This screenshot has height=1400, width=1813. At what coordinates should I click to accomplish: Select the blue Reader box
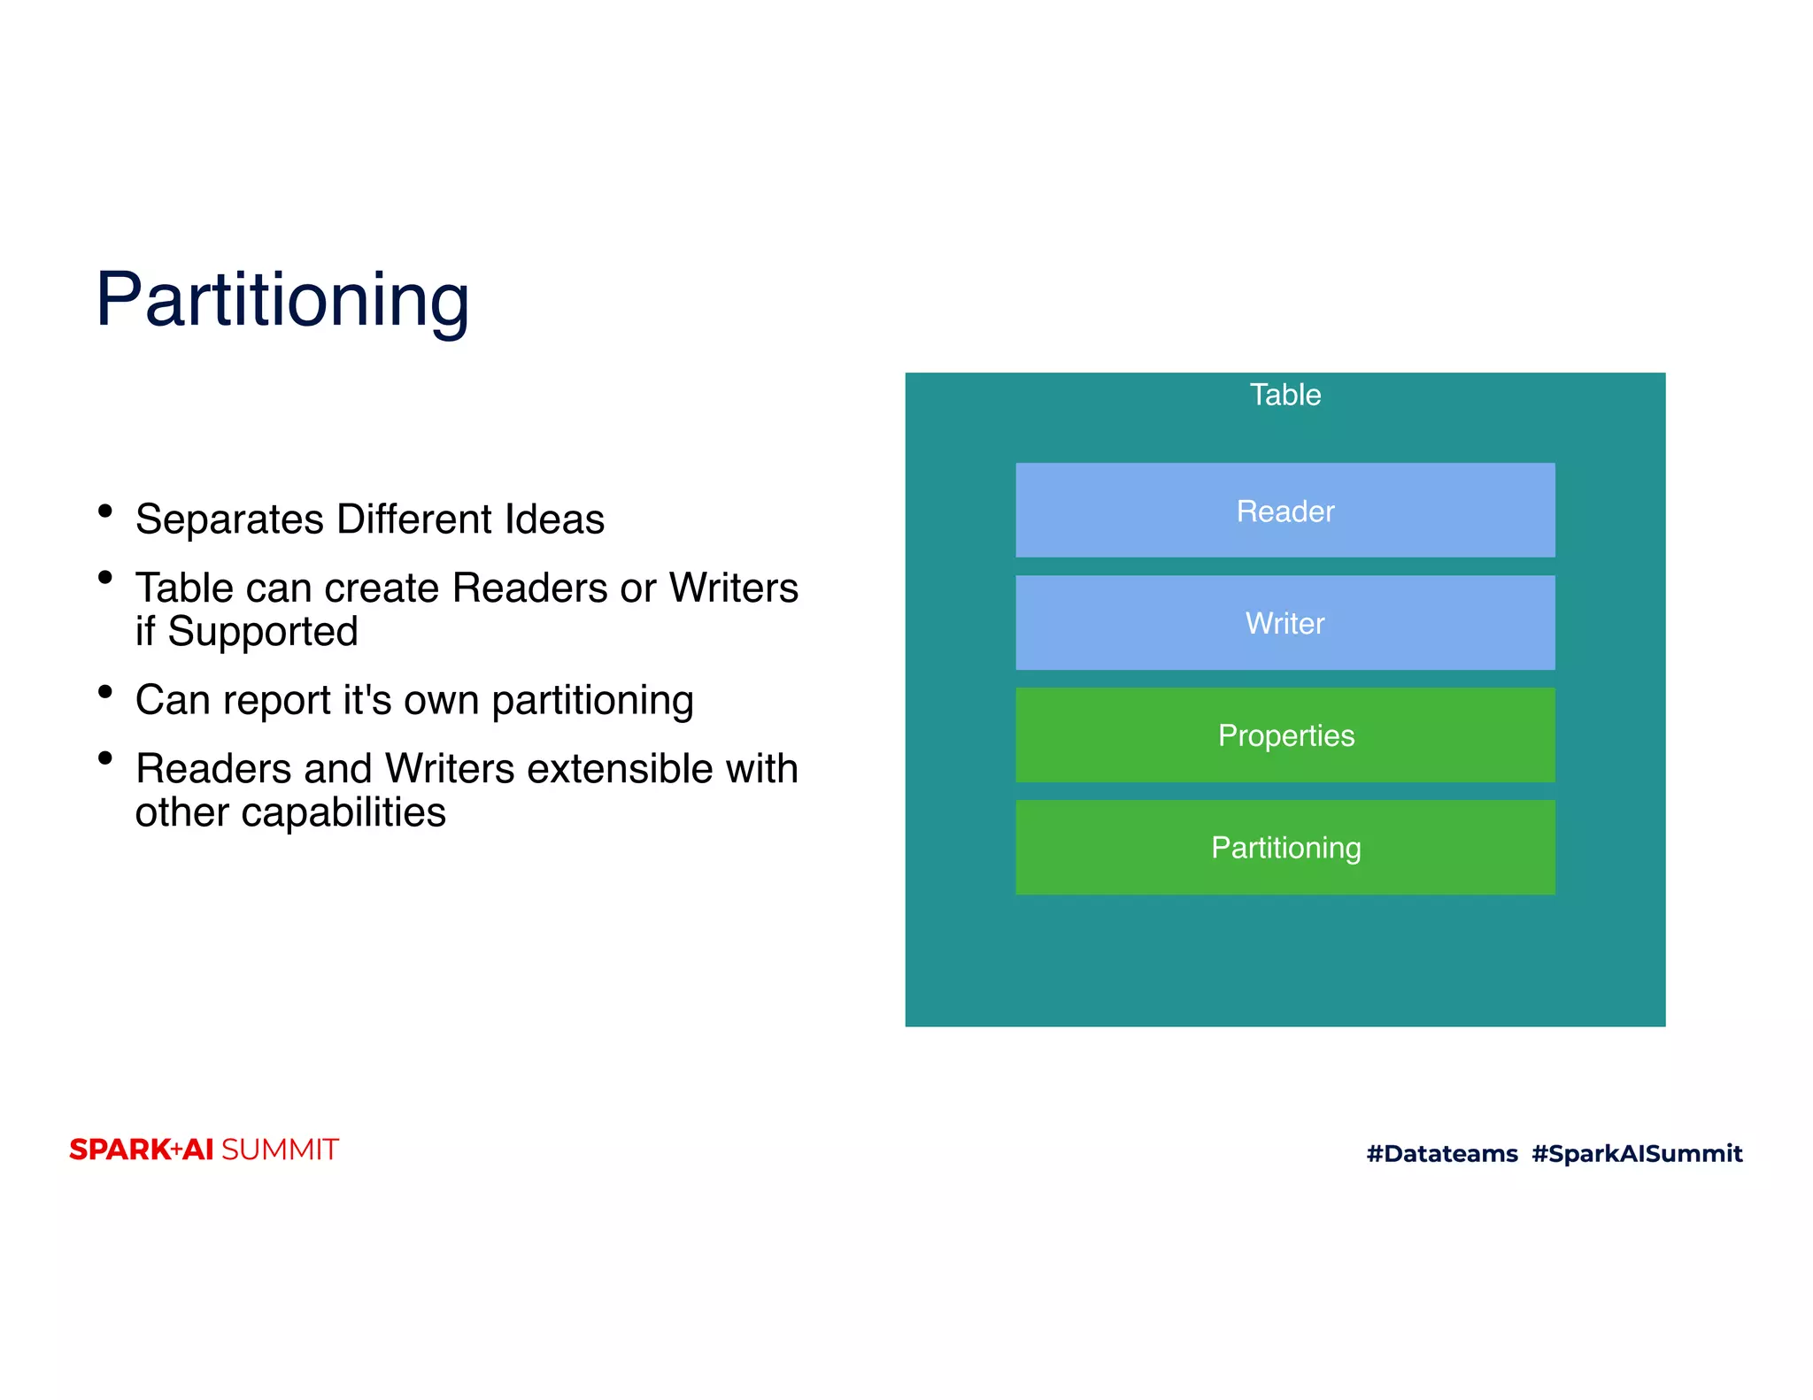[x=1285, y=511]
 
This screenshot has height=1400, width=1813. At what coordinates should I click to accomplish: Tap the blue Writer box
[x=1285, y=623]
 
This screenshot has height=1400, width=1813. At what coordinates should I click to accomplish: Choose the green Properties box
[x=1285, y=735]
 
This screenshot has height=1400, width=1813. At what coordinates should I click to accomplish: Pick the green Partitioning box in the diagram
[x=1285, y=848]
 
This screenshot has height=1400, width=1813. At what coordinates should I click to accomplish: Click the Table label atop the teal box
[x=1285, y=395]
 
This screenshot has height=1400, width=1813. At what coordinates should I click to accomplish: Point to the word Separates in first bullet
[x=229, y=519]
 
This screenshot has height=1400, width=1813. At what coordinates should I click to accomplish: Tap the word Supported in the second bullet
[x=262, y=632]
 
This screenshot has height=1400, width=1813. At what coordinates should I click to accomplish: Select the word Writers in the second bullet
[x=733, y=588]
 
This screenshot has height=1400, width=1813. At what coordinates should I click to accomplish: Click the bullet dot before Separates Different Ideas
[x=105, y=511]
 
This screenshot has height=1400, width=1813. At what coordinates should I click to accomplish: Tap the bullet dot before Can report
[x=105, y=691]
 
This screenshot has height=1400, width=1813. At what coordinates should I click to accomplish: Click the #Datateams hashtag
[x=1441, y=1153]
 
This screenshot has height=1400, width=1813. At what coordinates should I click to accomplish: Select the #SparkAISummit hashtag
[x=1636, y=1153]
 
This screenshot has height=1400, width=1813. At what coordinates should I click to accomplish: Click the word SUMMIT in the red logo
[x=280, y=1150]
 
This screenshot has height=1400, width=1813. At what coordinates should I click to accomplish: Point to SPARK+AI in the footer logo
[x=142, y=1150]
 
